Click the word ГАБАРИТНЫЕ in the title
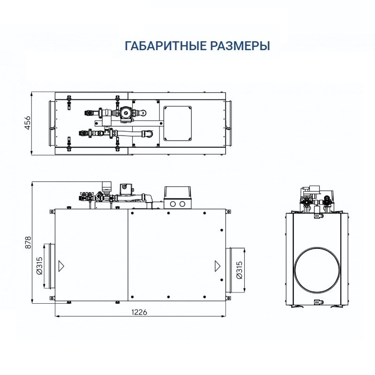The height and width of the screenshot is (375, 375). (158, 46)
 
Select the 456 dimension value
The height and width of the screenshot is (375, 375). (27, 123)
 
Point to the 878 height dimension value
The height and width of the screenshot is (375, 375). (27, 242)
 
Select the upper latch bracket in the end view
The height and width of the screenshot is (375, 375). (318, 216)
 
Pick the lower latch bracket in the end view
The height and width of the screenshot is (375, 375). (318, 302)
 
